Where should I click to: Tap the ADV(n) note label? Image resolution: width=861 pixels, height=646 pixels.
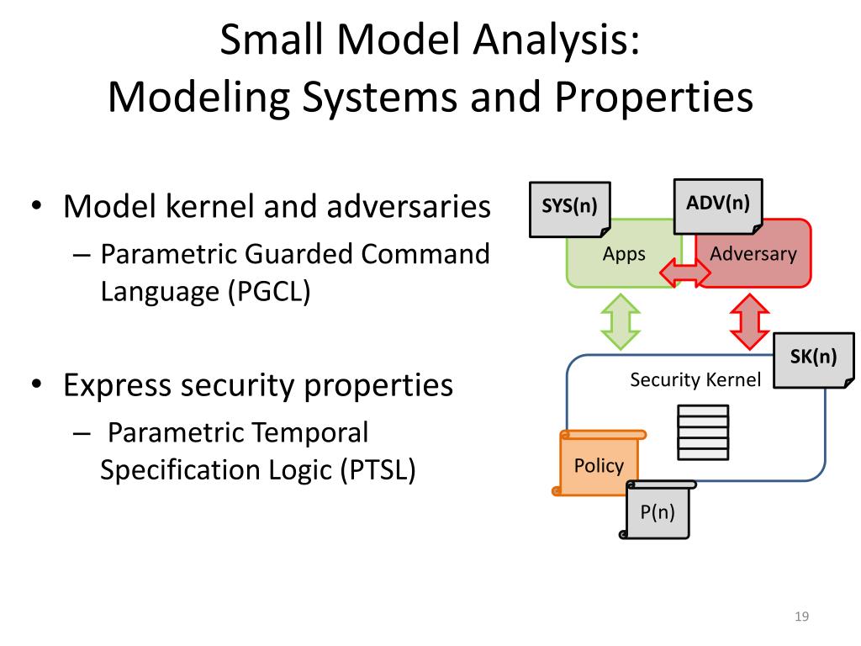718,203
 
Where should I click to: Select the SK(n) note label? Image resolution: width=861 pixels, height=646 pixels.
813,357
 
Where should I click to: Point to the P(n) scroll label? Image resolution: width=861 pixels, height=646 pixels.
658,511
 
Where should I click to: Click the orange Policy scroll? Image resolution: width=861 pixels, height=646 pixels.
599,465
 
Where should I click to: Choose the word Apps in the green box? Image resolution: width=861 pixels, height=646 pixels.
624,253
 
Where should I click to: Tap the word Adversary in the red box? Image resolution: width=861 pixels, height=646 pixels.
753,253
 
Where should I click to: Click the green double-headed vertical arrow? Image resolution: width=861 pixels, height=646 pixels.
620,320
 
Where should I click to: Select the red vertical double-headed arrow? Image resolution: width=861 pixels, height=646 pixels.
749,320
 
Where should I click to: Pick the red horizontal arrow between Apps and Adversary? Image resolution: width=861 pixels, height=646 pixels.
685,273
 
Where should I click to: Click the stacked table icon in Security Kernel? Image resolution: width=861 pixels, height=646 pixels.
703,432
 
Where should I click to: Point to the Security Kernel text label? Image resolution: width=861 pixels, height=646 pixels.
695,380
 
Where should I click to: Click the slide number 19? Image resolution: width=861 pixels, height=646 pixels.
800,618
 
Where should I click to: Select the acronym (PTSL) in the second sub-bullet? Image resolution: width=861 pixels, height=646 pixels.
378,469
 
